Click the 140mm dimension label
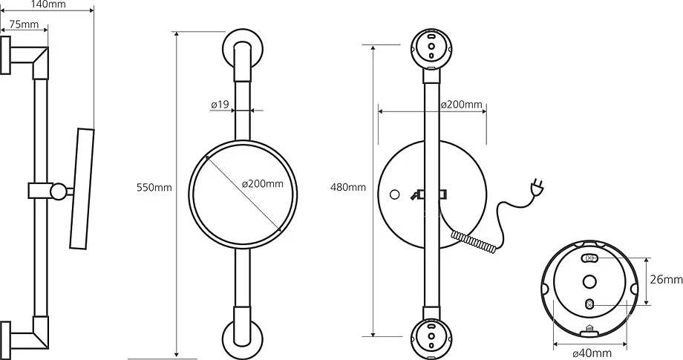pos(49,4)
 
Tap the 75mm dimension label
pos(24,24)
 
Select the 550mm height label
pos(154,188)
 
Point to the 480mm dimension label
pos(348,188)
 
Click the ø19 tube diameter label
pos(220,105)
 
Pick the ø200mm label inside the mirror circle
pos(263,183)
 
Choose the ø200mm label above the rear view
pos(461,105)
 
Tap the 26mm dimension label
pos(667,280)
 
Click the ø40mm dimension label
pos(592,353)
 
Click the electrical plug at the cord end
pos(537,187)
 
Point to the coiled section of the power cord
pos(474,242)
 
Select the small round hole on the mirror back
pos(395,194)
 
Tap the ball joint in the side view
pos(58,191)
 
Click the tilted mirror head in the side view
pos(82,189)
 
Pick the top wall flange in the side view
pos(5,55)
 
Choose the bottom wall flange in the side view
pos(5,341)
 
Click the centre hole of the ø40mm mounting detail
pos(589,282)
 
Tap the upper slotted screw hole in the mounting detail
pos(590,258)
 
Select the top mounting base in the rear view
pos(431,49)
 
